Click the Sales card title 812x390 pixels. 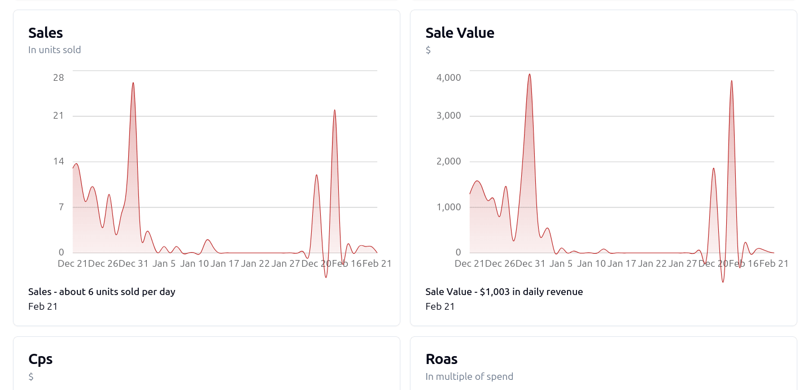[x=45, y=33]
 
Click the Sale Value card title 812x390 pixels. [x=460, y=33]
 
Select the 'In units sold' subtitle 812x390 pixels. [x=54, y=50]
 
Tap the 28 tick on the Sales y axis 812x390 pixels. [x=58, y=77]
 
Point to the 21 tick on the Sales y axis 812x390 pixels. [x=58, y=116]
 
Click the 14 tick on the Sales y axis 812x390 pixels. [x=58, y=162]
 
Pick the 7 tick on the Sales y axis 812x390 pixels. [x=61, y=207]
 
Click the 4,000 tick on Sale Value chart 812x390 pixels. [x=448, y=77]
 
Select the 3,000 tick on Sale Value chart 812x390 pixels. [x=448, y=116]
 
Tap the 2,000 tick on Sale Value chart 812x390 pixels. [x=448, y=162]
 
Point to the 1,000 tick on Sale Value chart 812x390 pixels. [x=448, y=207]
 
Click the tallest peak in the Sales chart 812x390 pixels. [x=133, y=83]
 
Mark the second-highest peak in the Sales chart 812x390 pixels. [x=334, y=110]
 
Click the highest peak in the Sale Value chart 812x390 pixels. [x=529, y=74]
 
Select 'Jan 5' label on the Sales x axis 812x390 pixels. [x=164, y=263]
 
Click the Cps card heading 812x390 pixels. [x=40, y=359]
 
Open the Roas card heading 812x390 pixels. [x=442, y=359]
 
